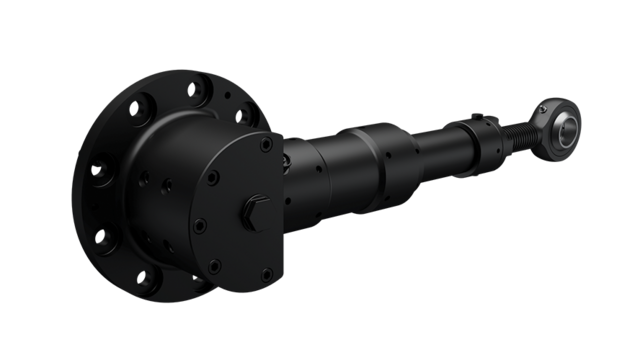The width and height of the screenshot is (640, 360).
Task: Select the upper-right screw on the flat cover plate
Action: click(265, 146)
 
